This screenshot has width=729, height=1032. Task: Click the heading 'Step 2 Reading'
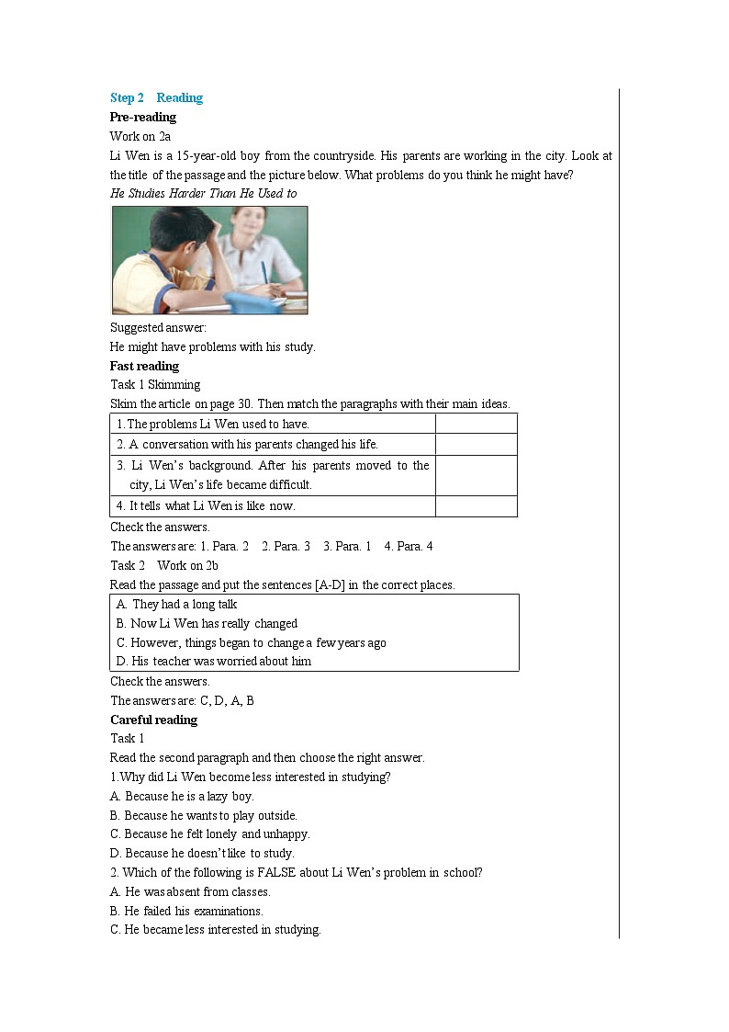[x=156, y=98]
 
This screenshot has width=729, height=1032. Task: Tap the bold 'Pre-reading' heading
[x=143, y=118]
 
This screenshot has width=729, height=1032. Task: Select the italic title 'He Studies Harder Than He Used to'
[x=203, y=194]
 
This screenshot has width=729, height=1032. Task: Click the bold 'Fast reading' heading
[x=144, y=367]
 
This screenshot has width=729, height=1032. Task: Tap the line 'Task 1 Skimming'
[x=155, y=385]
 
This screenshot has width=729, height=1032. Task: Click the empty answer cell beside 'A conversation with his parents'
[x=476, y=445]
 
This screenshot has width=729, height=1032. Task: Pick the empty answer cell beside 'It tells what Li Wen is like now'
[x=476, y=506]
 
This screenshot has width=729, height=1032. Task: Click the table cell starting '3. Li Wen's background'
[x=273, y=475]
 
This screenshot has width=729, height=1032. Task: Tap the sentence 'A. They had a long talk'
[x=177, y=605]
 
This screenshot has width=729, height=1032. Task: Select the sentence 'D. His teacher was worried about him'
[x=214, y=662]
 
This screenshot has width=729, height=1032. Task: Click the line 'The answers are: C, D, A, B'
[x=182, y=701]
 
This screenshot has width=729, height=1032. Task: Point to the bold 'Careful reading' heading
[x=153, y=720]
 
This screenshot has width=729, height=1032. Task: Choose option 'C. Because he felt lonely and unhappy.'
[x=210, y=834]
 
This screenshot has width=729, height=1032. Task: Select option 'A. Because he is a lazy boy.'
[x=182, y=797]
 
